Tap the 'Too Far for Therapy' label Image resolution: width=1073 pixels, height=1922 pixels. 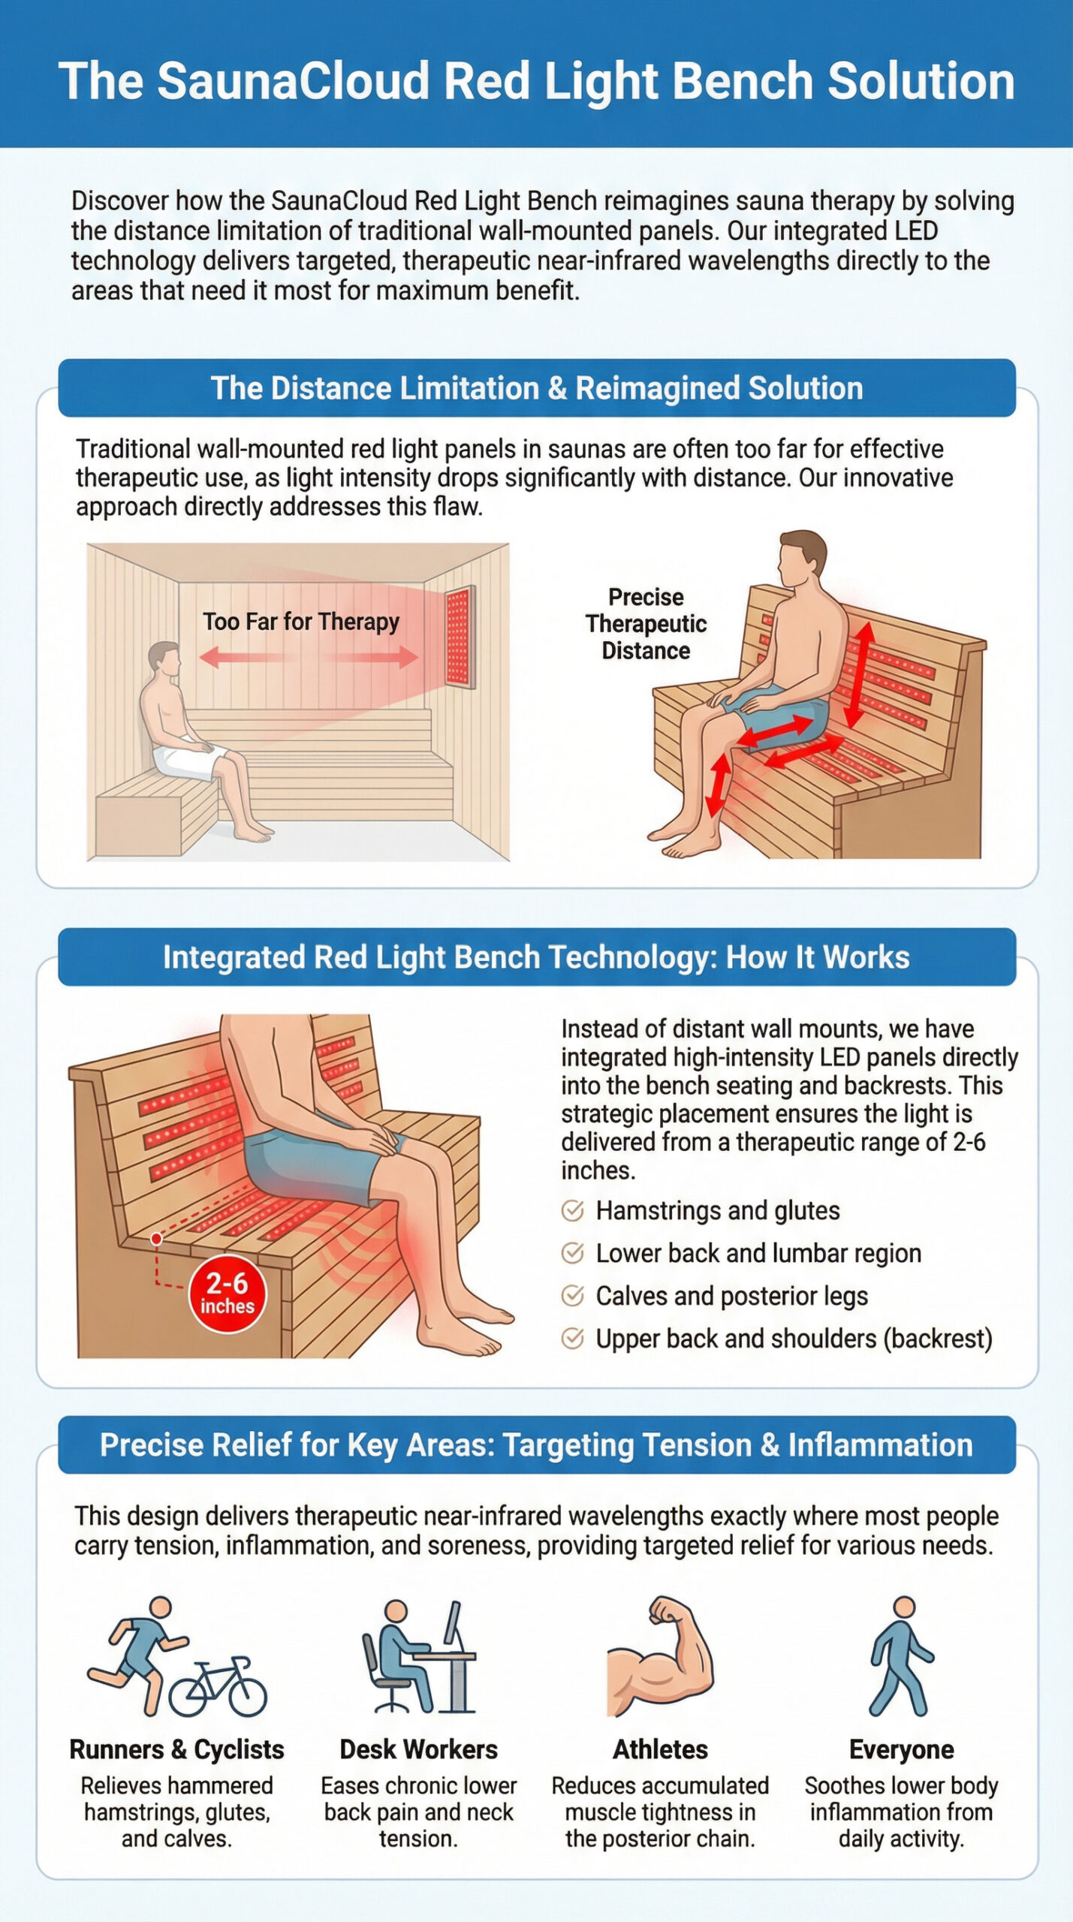[300, 622]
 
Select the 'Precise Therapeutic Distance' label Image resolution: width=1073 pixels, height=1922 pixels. [646, 624]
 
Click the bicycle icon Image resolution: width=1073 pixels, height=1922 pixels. [218, 1686]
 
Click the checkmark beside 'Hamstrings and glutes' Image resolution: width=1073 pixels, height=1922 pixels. [572, 1210]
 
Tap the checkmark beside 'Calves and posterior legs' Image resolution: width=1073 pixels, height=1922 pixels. [572, 1296]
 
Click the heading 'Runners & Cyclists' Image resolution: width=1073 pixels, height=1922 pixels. [176, 1749]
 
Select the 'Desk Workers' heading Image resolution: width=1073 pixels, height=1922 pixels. [418, 1749]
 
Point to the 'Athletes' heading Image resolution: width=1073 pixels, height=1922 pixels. [660, 1749]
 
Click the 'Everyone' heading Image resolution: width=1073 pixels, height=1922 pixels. [901, 1749]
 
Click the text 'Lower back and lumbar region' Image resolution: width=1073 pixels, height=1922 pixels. [758, 1253]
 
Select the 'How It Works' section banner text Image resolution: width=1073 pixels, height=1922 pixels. [536, 957]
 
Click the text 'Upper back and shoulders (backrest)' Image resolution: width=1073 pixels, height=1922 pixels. [794, 1339]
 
